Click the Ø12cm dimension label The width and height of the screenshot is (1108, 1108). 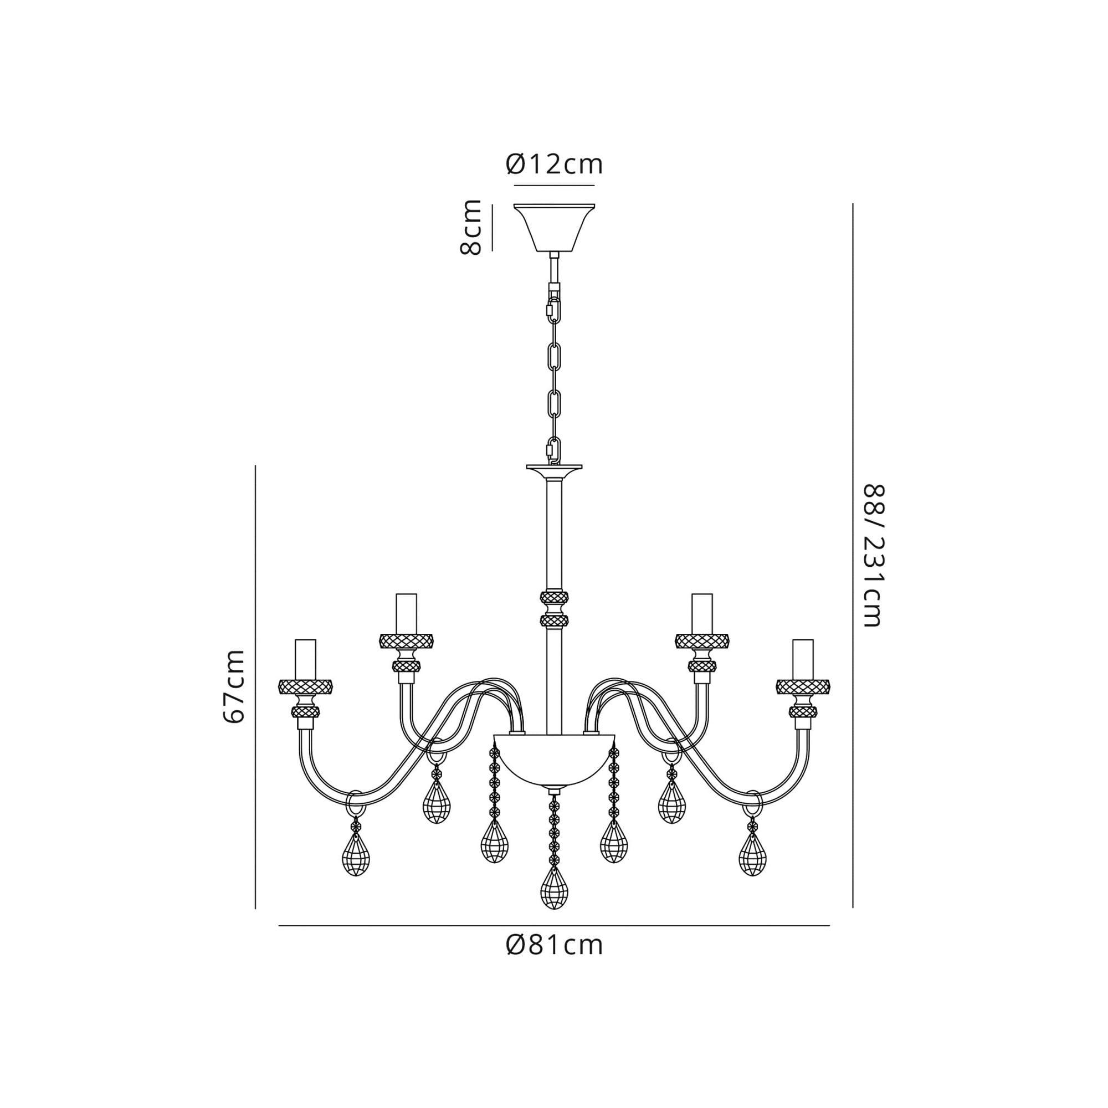coord(554,165)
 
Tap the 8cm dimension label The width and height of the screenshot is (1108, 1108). coord(471,227)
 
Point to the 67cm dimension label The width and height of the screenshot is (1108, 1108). coord(234,687)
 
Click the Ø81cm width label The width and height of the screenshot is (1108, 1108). coord(555,945)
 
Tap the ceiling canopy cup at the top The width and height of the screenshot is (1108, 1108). coord(554,228)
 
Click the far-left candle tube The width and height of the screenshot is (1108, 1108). coord(305,659)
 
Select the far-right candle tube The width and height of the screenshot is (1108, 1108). coord(803,659)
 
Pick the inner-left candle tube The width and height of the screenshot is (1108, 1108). coord(406,613)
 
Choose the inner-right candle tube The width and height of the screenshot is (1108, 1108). coord(702,613)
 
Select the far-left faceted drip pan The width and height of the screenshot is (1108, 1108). coord(306,686)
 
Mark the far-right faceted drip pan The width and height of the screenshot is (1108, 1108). coord(803,686)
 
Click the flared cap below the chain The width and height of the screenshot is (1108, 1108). coord(554,472)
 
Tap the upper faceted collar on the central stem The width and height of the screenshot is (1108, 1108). coord(554,598)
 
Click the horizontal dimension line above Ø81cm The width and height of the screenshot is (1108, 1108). coord(554,926)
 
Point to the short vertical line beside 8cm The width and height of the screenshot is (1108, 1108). coord(492,228)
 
